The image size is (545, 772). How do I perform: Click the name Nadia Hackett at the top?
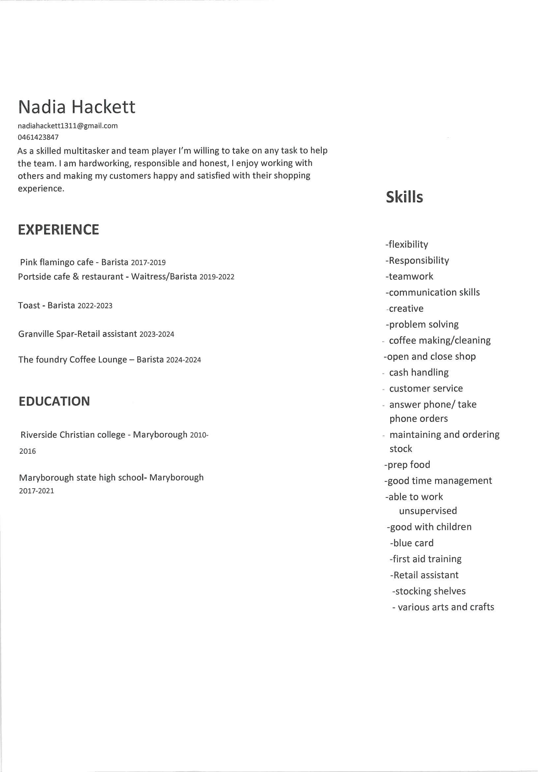coord(76,107)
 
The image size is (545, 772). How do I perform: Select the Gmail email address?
coord(68,126)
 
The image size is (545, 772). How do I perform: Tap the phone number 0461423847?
coord(38,137)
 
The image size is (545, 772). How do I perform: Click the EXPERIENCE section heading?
coord(58,230)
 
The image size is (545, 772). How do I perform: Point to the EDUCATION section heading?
coord(54,401)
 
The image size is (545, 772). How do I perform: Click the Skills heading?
coord(404,197)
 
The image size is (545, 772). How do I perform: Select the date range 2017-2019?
coord(148,263)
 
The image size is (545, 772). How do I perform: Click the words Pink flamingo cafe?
coord(57,262)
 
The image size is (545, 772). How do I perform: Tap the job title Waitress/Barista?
coord(164,276)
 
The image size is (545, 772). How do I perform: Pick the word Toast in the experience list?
coord(29,305)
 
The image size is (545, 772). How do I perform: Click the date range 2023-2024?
coord(157,334)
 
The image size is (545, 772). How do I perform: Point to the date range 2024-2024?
coord(183,360)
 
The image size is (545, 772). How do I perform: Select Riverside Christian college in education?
coord(72,435)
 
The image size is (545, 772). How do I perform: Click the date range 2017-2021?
coord(36,491)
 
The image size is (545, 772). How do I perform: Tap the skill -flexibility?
coord(407,244)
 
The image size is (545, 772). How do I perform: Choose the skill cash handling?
coord(419,372)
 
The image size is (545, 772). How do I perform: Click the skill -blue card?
coord(412,543)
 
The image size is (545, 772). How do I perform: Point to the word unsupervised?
coord(428,511)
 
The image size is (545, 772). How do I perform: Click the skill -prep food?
coord(407,465)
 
